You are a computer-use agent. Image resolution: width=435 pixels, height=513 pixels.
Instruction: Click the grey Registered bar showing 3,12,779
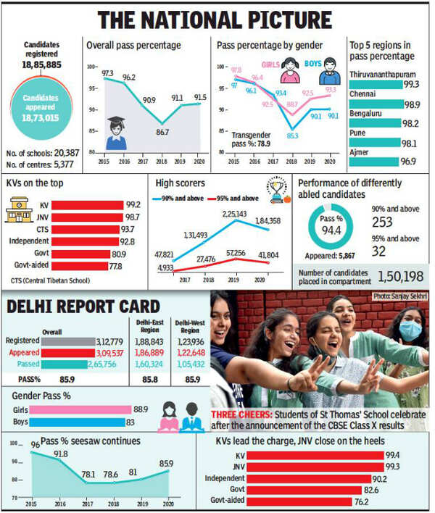68,341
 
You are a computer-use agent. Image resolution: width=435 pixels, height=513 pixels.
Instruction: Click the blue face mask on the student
410,330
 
